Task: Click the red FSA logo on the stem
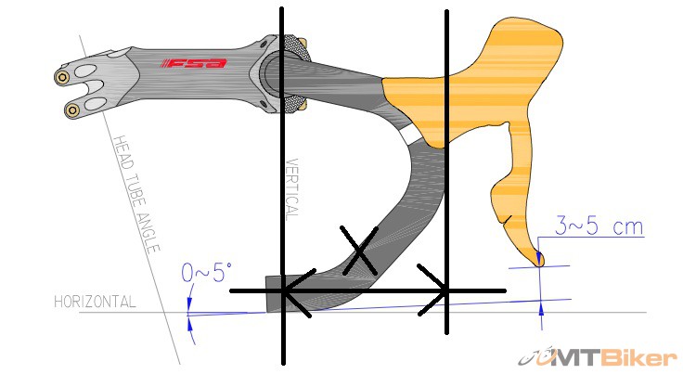pyautogui.click(x=194, y=63)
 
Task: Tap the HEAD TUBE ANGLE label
pyautogui.click(x=135, y=194)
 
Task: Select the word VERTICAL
pyautogui.click(x=292, y=189)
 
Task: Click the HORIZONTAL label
pyautogui.click(x=95, y=302)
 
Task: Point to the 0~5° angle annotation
pyautogui.click(x=206, y=273)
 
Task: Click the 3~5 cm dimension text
pyautogui.click(x=599, y=226)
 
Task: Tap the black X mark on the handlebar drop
pyautogui.click(x=359, y=251)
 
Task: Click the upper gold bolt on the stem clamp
pyautogui.click(x=62, y=78)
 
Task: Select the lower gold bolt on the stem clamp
pyautogui.click(x=72, y=110)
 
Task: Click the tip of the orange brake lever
pyautogui.click(x=539, y=263)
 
